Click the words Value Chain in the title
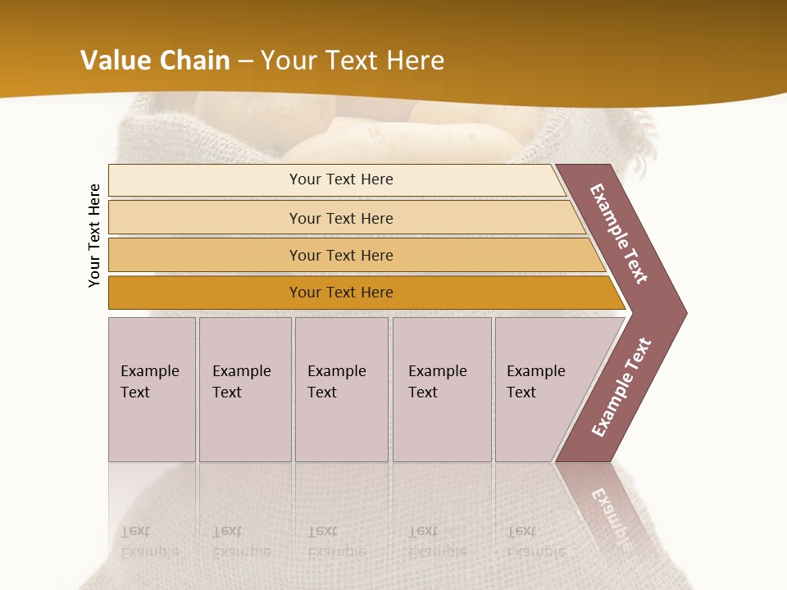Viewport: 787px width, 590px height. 155,60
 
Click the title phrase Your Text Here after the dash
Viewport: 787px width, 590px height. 353,60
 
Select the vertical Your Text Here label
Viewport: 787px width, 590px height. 94,235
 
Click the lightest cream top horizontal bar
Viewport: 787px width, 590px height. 340,179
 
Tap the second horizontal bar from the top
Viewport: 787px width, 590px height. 340,218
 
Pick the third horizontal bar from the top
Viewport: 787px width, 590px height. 340,255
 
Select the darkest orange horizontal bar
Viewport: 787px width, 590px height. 340,293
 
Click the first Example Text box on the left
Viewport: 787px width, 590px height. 152,389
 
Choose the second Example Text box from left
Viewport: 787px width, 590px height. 244,389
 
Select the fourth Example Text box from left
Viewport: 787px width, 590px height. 442,389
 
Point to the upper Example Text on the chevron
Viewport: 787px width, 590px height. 620,234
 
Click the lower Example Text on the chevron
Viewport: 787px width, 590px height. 621,388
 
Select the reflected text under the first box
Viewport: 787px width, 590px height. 148,542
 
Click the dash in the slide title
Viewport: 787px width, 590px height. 245,61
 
